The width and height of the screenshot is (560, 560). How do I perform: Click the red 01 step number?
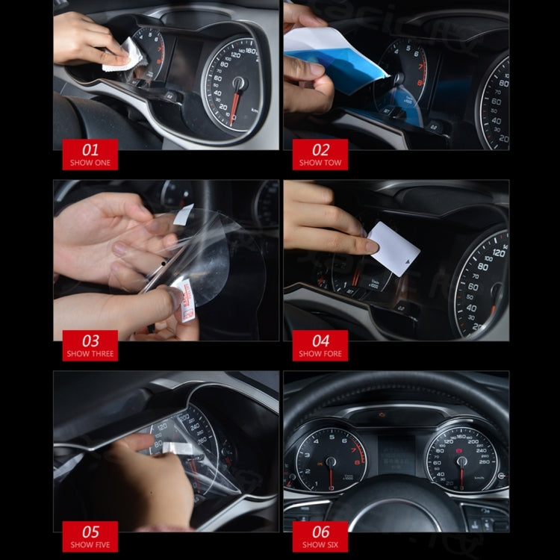point(90,149)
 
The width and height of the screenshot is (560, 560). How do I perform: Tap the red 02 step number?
point(320,149)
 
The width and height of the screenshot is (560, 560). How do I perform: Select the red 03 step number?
point(90,340)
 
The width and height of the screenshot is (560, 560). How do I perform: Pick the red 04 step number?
point(320,340)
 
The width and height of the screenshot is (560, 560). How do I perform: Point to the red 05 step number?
point(90,532)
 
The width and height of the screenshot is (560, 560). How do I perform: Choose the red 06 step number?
point(320,532)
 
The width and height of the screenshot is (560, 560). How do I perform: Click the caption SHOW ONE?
point(90,162)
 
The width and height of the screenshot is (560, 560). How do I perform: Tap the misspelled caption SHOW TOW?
point(320,162)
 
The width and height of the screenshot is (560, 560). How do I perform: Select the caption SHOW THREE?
point(90,353)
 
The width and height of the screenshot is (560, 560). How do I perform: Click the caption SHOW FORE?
point(320,353)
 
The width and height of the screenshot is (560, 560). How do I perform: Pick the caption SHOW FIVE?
point(90,544)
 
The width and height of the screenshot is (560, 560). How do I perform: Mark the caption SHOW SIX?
point(320,544)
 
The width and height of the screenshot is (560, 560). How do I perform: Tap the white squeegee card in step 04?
point(393,246)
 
